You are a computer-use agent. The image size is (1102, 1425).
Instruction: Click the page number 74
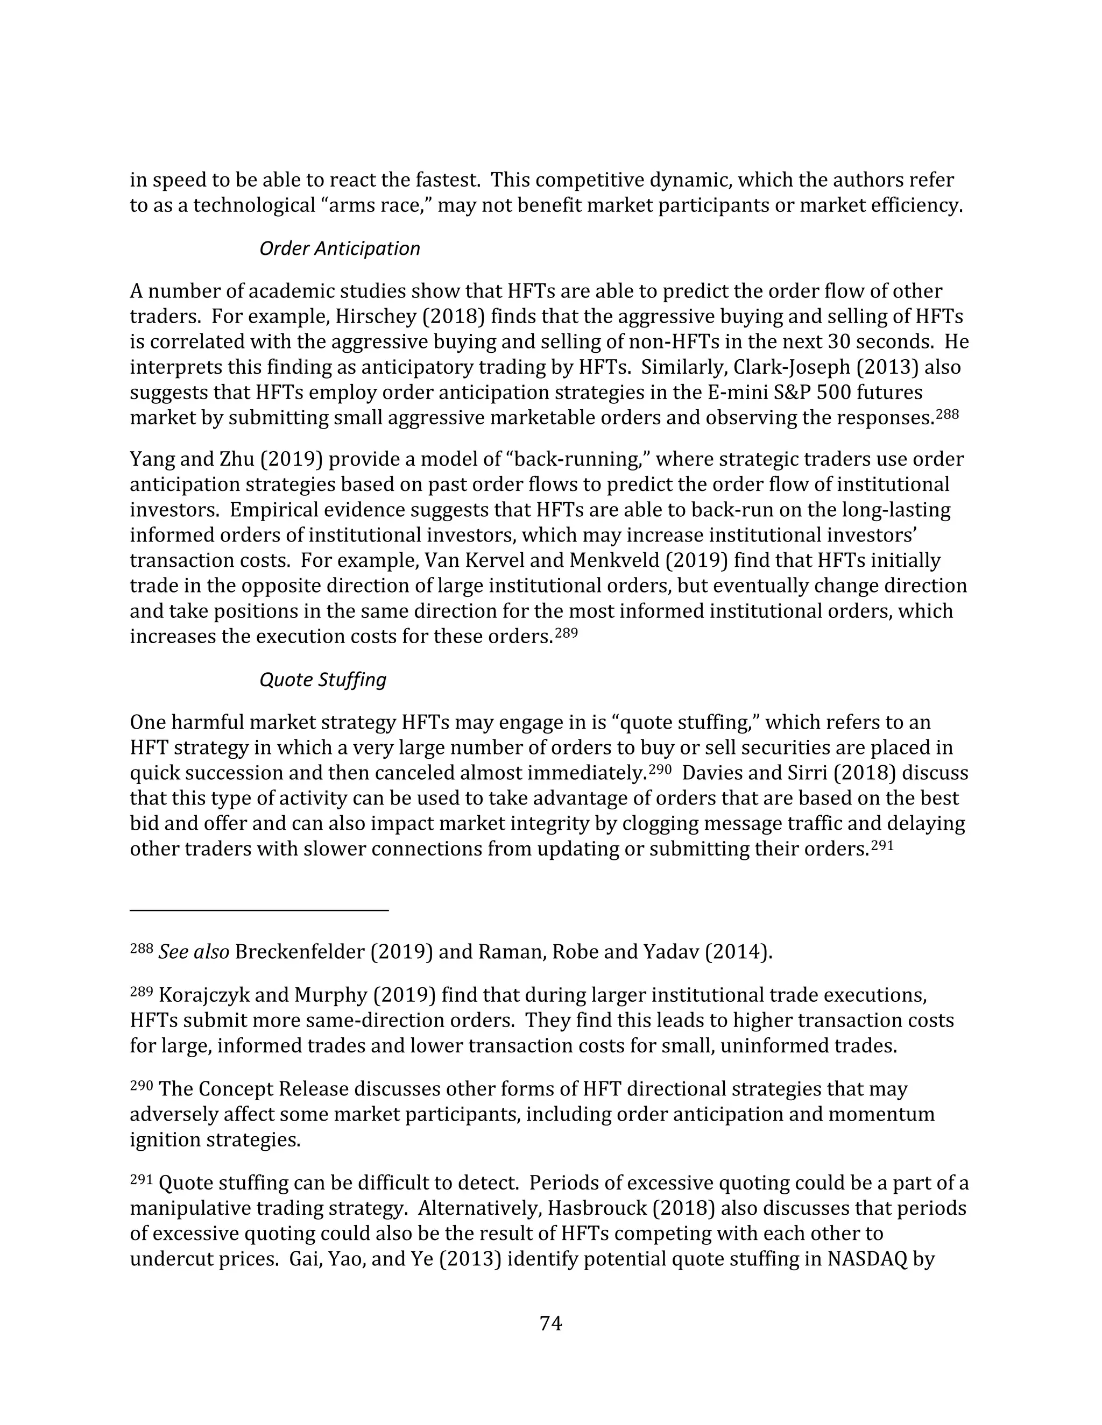tap(550, 1323)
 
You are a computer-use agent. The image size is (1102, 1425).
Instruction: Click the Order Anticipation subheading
tap(340, 248)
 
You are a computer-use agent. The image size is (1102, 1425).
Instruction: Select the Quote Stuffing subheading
tap(322, 680)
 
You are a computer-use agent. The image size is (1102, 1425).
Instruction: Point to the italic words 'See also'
tap(194, 952)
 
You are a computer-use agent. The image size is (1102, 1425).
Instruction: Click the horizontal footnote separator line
tap(259, 909)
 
